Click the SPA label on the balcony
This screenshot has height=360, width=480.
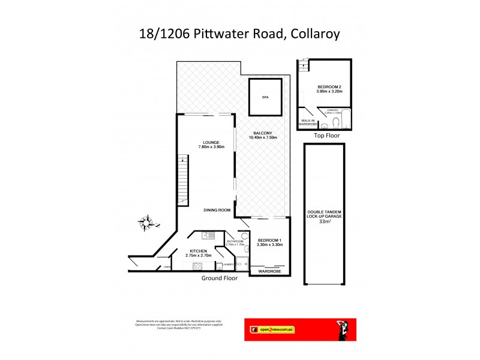[x=265, y=97]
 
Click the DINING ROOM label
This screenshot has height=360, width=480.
[x=217, y=210]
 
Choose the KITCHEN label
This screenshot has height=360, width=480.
[x=199, y=251]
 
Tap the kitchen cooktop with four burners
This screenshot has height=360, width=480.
[x=196, y=266]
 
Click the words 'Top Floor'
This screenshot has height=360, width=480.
[x=327, y=136]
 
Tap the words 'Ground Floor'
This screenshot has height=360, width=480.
[x=220, y=278]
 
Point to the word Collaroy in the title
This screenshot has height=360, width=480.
[x=315, y=34]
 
